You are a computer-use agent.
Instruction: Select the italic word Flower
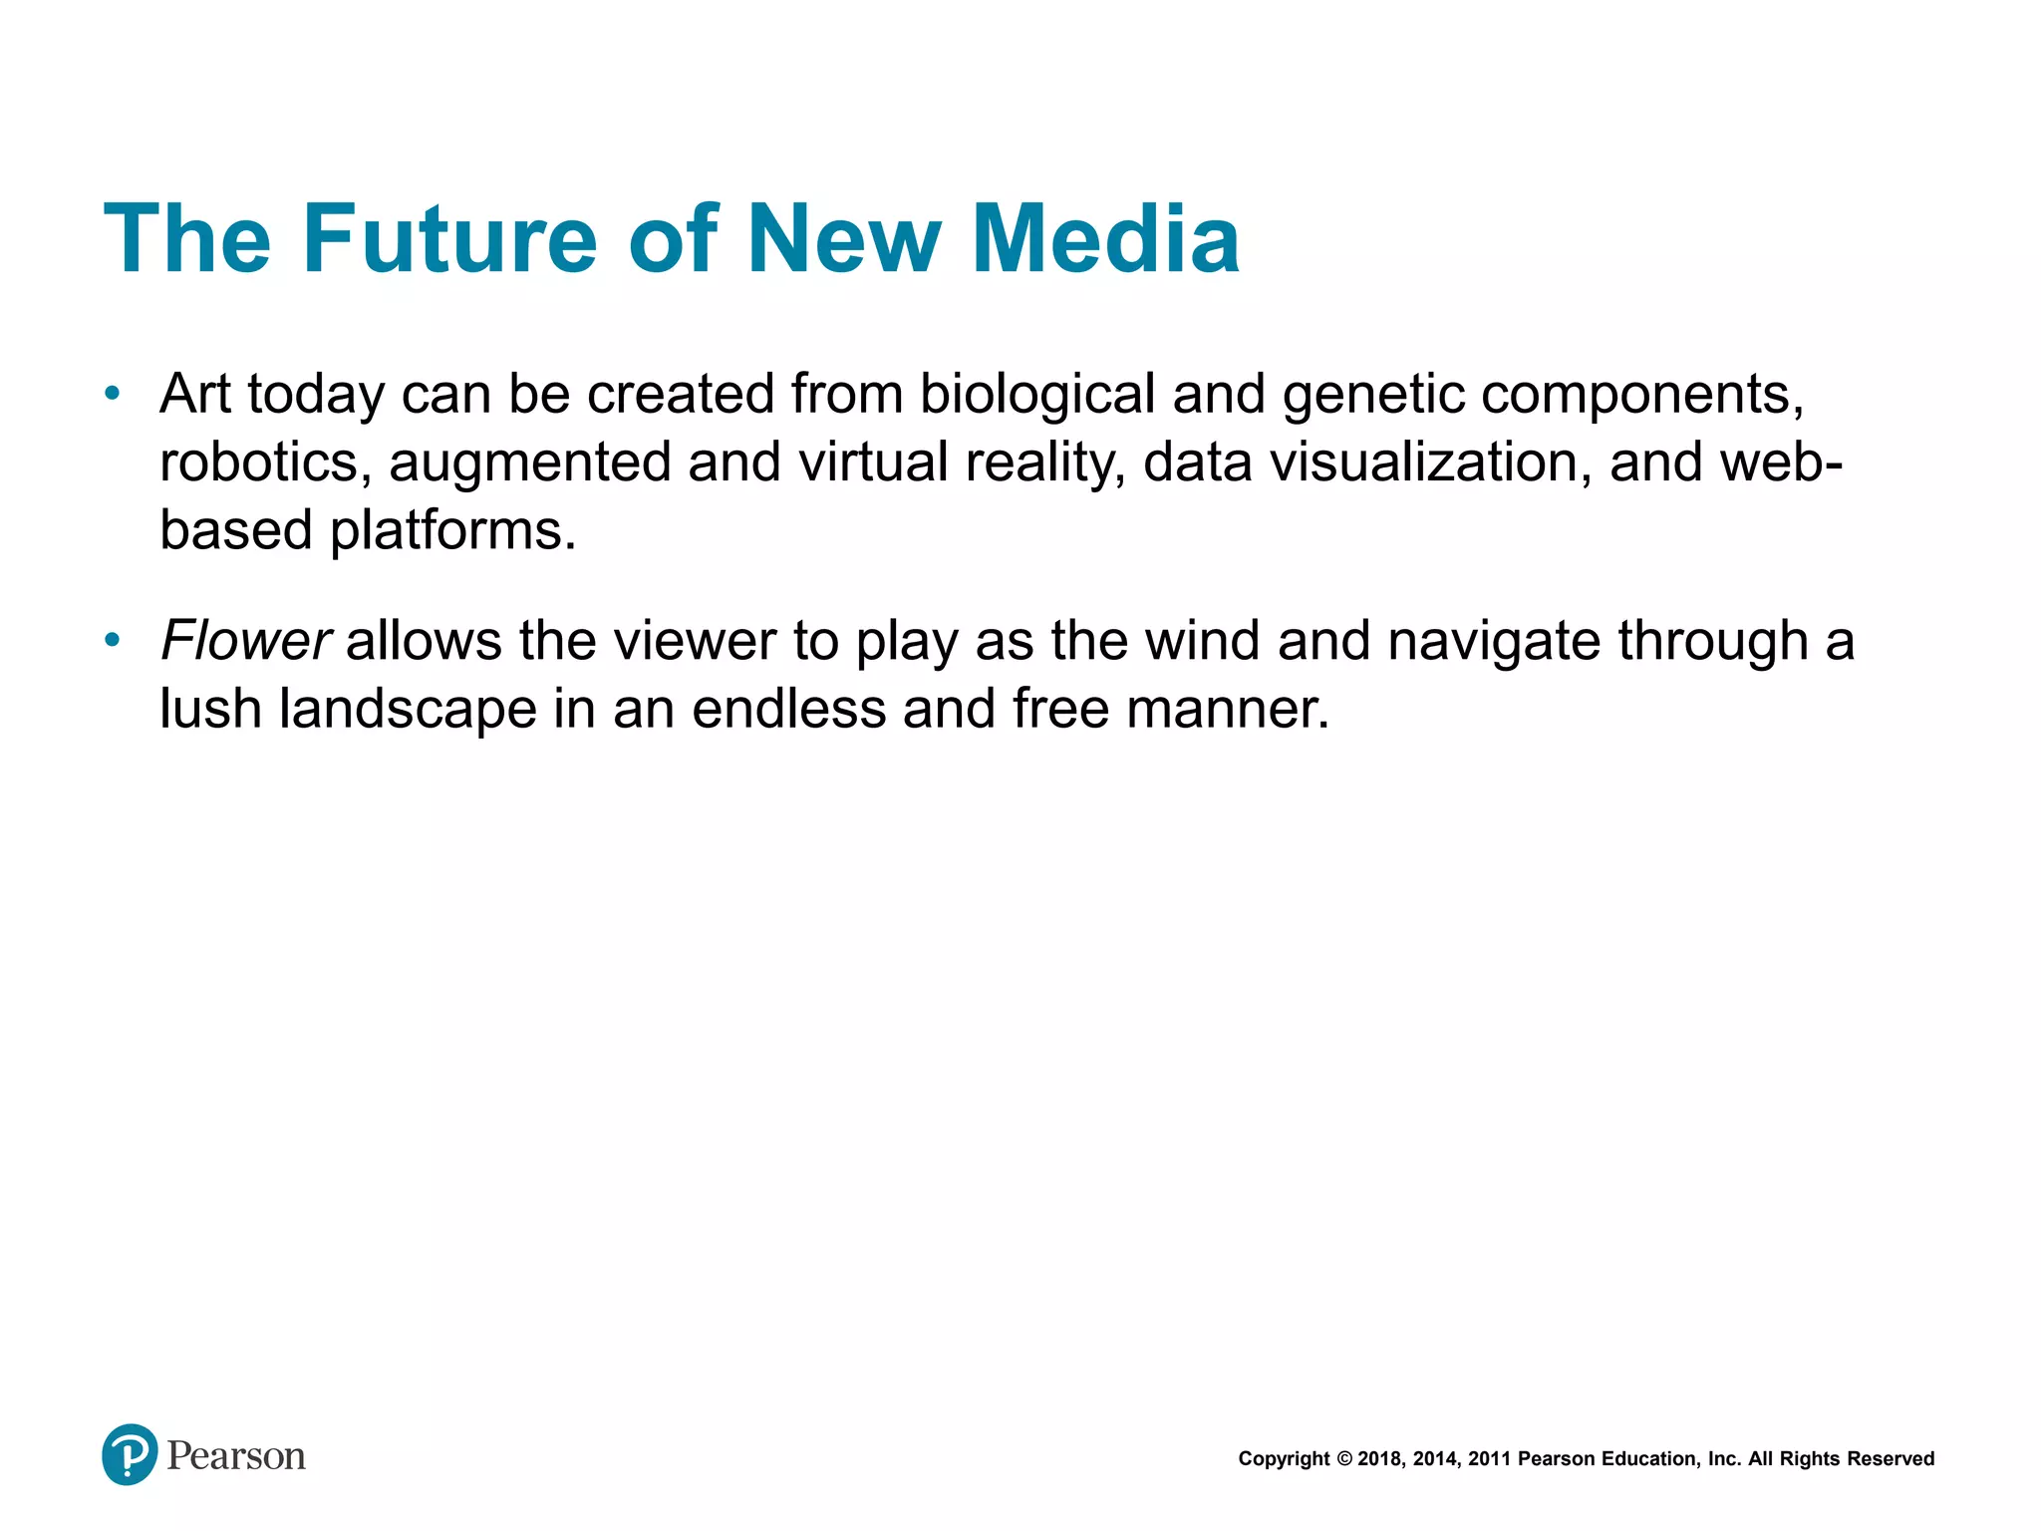tap(245, 640)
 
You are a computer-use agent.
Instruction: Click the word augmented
tap(529, 464)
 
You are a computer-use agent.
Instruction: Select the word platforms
tap(453, 530)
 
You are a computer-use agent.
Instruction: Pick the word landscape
tap(408, 710)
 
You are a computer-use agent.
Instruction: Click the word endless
tap(788, 709)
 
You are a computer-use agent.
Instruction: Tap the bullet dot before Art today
tap(113, 394)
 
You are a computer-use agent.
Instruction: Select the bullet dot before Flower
tap(113, 640)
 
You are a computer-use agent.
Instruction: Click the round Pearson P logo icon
tap(130, 1454)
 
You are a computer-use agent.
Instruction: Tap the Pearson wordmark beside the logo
tap(236, 1456)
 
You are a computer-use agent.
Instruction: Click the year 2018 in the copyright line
tap(1380, 1459)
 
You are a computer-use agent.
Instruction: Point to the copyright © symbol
tap(1343, 1459)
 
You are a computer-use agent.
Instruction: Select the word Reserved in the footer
tap(1891, 1459)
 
